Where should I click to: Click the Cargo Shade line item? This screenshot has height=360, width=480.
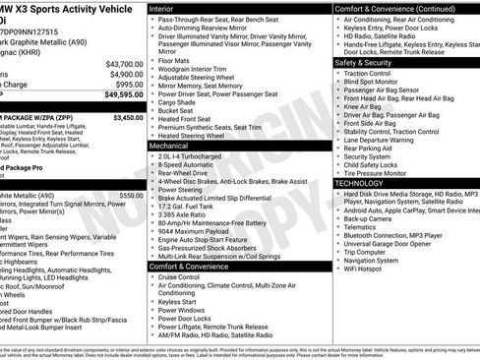pyautogui.click(x=182, y=102)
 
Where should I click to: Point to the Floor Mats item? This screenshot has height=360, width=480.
pyautogui.click(x=178, y=61)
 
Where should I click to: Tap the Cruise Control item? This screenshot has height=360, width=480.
pyautogui.click(x=186, y=277)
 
